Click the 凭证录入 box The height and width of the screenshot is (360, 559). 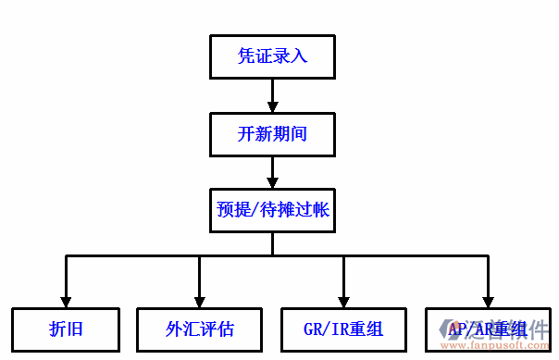click(272, 56)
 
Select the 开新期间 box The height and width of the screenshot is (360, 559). click(272, 134)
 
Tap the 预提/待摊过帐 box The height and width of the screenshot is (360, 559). click(272, 210)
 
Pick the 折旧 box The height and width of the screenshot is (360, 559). click(66, 329)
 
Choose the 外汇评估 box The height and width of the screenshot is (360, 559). click(199, 329)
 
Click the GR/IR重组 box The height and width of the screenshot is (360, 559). click(342, 329)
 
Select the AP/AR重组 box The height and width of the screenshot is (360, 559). click(487, 329)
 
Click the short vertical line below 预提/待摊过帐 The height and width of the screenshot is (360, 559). click(272, 242)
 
